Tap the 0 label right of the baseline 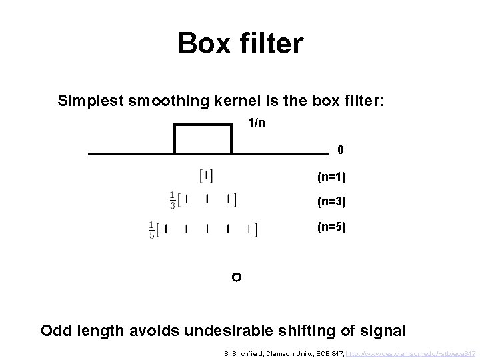pos(341,150)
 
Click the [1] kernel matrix pos(207,175)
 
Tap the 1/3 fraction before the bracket pos(173,200)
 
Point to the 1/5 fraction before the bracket pos(153,230)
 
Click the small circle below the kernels pos(235,276)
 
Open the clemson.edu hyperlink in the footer pos(406,352)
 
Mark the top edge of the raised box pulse pos(203,125)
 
